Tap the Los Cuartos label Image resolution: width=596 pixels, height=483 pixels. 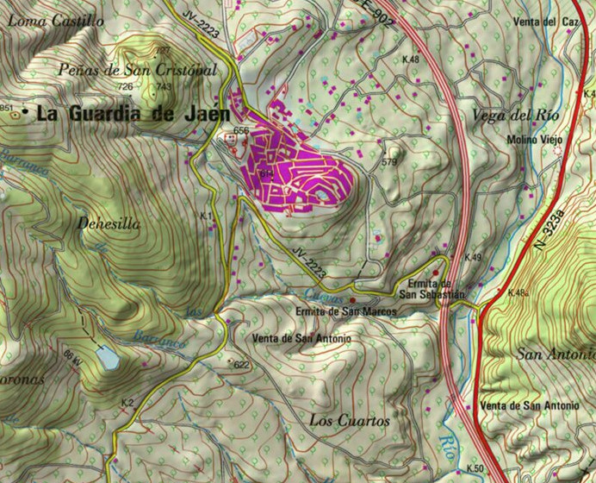[348, 421]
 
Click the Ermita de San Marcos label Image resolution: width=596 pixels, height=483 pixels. [345, 310]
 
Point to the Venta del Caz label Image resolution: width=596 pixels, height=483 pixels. [549, 21]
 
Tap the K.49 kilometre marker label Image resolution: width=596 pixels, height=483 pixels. [473, 258]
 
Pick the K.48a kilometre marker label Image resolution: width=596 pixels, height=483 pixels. [518, 293]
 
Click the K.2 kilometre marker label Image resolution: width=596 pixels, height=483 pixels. [127, 403]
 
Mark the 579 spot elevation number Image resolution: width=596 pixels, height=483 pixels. [390, 162]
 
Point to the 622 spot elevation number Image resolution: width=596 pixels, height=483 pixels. [241, 365]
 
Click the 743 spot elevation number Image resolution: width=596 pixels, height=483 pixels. [164, 87]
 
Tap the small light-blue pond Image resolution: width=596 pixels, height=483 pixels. [105, 355]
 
